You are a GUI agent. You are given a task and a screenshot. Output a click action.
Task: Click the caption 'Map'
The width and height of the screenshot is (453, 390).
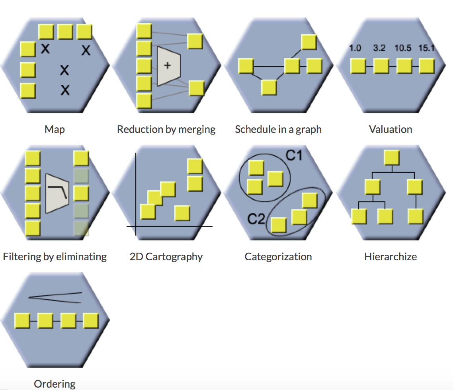55,129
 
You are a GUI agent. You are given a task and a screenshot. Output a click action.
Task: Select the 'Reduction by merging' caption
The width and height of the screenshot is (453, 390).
166,129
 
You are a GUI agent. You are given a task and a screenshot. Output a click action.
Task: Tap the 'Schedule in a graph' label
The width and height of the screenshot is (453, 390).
278,129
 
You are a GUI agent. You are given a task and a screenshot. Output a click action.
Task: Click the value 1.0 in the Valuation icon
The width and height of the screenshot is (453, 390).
355,48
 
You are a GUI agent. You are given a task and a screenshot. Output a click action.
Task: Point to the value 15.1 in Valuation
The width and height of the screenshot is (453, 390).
427,48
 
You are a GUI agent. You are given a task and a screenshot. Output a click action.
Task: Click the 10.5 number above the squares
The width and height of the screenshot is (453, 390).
403,48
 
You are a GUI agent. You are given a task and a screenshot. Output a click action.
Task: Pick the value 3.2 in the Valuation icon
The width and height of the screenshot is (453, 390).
379,48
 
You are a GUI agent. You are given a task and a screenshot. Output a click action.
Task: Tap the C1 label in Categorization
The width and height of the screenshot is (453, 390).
294,155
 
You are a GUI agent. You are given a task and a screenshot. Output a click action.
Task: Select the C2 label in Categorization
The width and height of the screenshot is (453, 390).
256,218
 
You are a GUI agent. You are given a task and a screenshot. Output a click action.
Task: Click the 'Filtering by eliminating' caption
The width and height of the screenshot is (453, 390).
55,257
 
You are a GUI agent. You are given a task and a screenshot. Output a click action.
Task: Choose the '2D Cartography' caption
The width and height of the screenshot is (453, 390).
166,257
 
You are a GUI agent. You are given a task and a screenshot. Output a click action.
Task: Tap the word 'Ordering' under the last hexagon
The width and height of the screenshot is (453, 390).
55,384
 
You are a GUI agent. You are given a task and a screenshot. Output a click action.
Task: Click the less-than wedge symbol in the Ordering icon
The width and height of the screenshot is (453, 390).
55,298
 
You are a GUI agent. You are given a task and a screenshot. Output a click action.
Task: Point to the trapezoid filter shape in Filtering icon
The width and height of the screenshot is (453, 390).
58,193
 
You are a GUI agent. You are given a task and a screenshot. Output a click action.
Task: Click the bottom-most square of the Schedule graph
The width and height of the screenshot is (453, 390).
269,87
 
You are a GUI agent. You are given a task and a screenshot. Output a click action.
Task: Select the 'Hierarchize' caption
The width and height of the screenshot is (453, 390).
391,257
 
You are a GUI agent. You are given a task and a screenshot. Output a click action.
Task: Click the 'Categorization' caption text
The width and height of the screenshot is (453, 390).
278,257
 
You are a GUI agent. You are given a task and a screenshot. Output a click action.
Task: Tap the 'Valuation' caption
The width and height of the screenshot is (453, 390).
391,129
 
